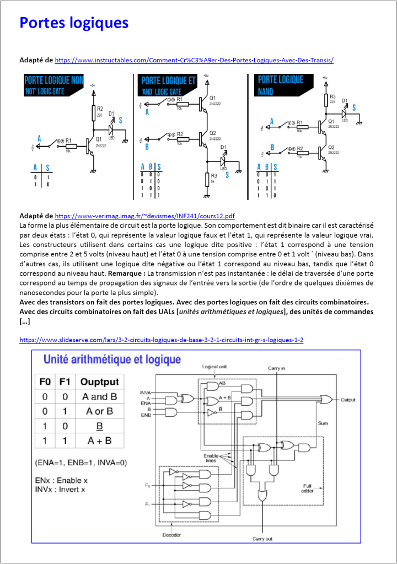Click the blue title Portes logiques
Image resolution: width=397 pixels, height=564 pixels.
[x=74, y=23]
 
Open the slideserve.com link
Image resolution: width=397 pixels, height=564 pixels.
[x=161, y=340]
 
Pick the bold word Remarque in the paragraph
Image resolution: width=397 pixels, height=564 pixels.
[x=127, y=273]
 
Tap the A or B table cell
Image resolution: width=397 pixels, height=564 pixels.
[x=98, y=411]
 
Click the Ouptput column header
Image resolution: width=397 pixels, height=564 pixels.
[x=99, y=382]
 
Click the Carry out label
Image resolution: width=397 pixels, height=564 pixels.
[x=262, y=538]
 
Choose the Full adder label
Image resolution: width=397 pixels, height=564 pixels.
[x=308, y=488]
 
